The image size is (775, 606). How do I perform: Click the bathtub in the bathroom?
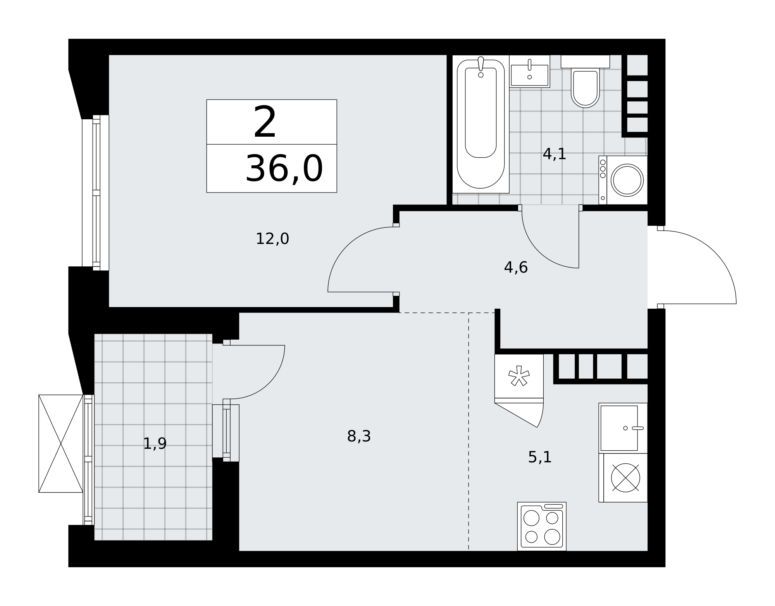point(480,124)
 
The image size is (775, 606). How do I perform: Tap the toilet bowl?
point(585,88)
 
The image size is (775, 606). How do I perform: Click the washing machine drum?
point(627,180)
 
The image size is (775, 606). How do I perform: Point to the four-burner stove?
point(542,526)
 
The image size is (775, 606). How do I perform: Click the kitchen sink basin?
point(619,428)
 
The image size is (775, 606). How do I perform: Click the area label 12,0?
point(272,239)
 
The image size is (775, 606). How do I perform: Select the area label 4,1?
point(555,154)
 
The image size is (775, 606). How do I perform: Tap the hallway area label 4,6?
point(516,268)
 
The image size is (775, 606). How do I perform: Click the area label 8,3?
point(359,436)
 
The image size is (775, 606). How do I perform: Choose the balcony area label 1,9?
point(155,444)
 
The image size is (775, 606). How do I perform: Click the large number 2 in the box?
point(265,122)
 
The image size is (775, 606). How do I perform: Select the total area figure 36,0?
point(284,168)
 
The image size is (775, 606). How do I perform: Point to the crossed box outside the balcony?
point(61,443)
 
